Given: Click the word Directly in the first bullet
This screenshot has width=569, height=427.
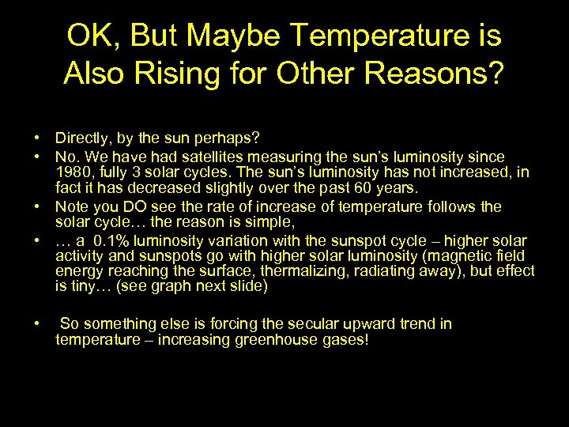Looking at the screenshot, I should pos(80,138).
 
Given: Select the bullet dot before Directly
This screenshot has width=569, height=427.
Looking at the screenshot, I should pos(38,138).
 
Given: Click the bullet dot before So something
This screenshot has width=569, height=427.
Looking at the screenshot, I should pos(38,323).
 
